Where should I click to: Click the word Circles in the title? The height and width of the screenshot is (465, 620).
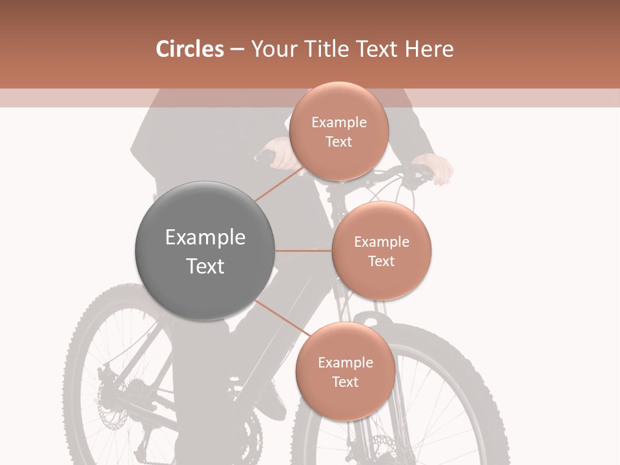190,49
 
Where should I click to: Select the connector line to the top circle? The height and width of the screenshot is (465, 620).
278,184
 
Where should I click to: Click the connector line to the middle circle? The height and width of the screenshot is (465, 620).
303,251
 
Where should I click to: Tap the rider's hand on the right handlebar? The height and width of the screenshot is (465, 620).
435,167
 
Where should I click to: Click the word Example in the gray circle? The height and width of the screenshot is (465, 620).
205,238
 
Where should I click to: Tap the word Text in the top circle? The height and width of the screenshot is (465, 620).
338,142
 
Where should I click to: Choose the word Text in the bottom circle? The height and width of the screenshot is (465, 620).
346,382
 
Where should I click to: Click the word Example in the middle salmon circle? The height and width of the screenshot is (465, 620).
382,242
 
